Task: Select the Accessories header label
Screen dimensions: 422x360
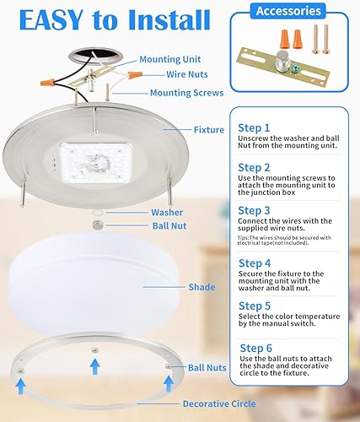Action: click(289, 11)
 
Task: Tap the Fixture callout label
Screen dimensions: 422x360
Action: click(209, 129)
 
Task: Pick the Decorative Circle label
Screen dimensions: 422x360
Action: click(219, 403)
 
